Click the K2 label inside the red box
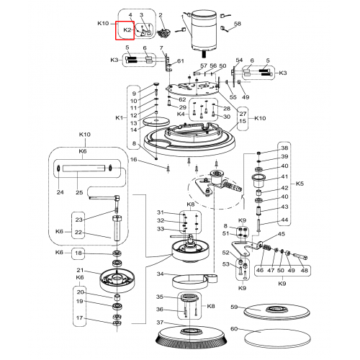click(127, 30)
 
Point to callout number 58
click(238, 24)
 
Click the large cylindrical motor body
click(204, 30)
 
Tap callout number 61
click(181, 61)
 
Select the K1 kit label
click(119, 117)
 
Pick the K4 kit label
click(181, 114)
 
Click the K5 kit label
click(300, 184)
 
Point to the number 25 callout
click(79, 192)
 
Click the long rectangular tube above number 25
click(84, 168)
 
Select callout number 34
click(160, 274)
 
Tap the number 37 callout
click(160, 323)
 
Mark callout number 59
click(234, 307)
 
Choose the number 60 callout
click(234, 328)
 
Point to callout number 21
click(80, 270)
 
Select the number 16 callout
click(133, 160)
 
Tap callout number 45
click(282, 234)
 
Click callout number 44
click(284, 220)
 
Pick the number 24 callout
click(60, 192)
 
